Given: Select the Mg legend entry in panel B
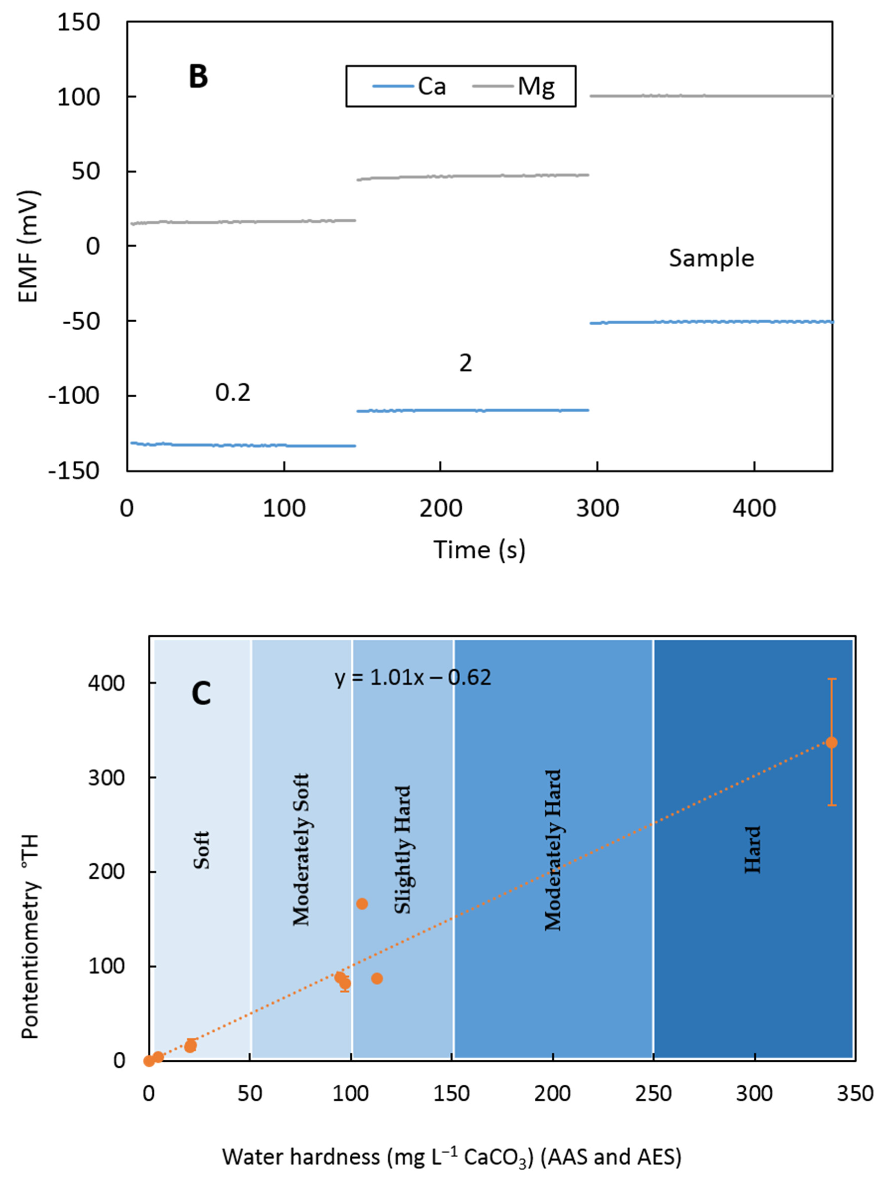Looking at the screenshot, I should [514, 86].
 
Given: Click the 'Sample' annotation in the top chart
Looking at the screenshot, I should [711, 258].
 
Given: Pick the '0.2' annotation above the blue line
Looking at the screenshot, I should [233, 393].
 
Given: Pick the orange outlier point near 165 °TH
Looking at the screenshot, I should [362, 904].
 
